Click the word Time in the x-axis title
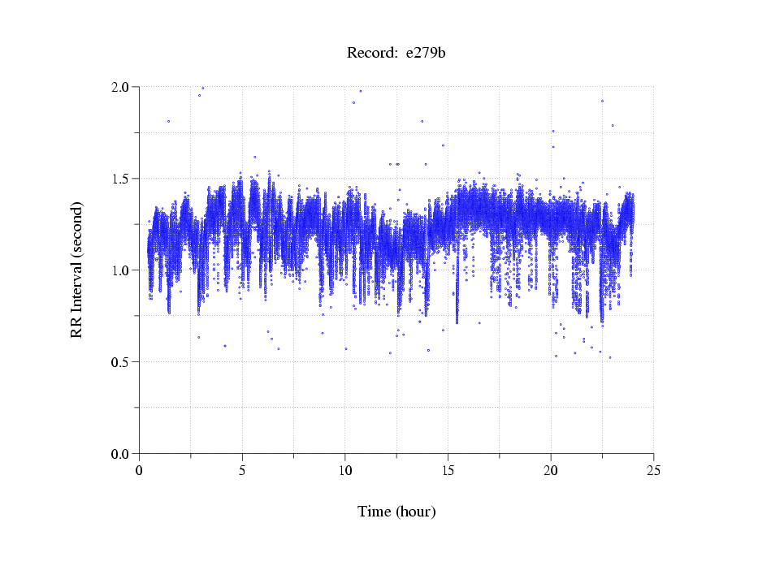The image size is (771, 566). coord(375,512)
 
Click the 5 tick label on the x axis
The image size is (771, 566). coord(242,470)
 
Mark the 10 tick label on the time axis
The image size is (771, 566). coord(345,470)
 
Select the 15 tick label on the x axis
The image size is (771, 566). coord(448,470)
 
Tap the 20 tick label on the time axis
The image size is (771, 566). coord(551,470)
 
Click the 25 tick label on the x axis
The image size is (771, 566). coord(653,470)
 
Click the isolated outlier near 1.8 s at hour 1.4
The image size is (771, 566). coord(168,121)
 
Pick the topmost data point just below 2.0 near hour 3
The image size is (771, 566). coord(202,88)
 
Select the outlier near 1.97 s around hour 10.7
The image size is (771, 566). coord(361,91)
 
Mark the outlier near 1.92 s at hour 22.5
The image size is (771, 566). coord(602,101)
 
